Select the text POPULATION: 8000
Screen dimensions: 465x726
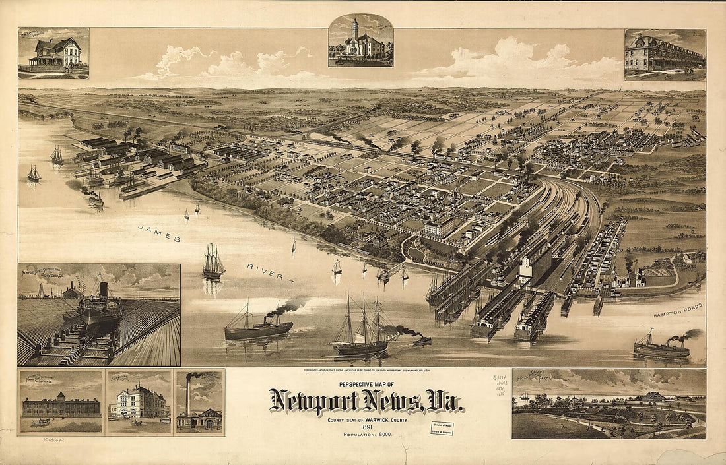(x=364, y=435)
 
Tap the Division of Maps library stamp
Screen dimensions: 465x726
(x=442, y=428)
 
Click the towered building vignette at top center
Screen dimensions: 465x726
(x=360, y=40)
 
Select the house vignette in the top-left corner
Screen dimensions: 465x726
(x=53, y=53)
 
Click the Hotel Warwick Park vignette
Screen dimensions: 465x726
(x=609, y=403)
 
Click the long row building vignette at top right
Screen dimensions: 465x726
(x=665, y=54)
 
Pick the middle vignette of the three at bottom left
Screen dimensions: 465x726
(x=139, y=402)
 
